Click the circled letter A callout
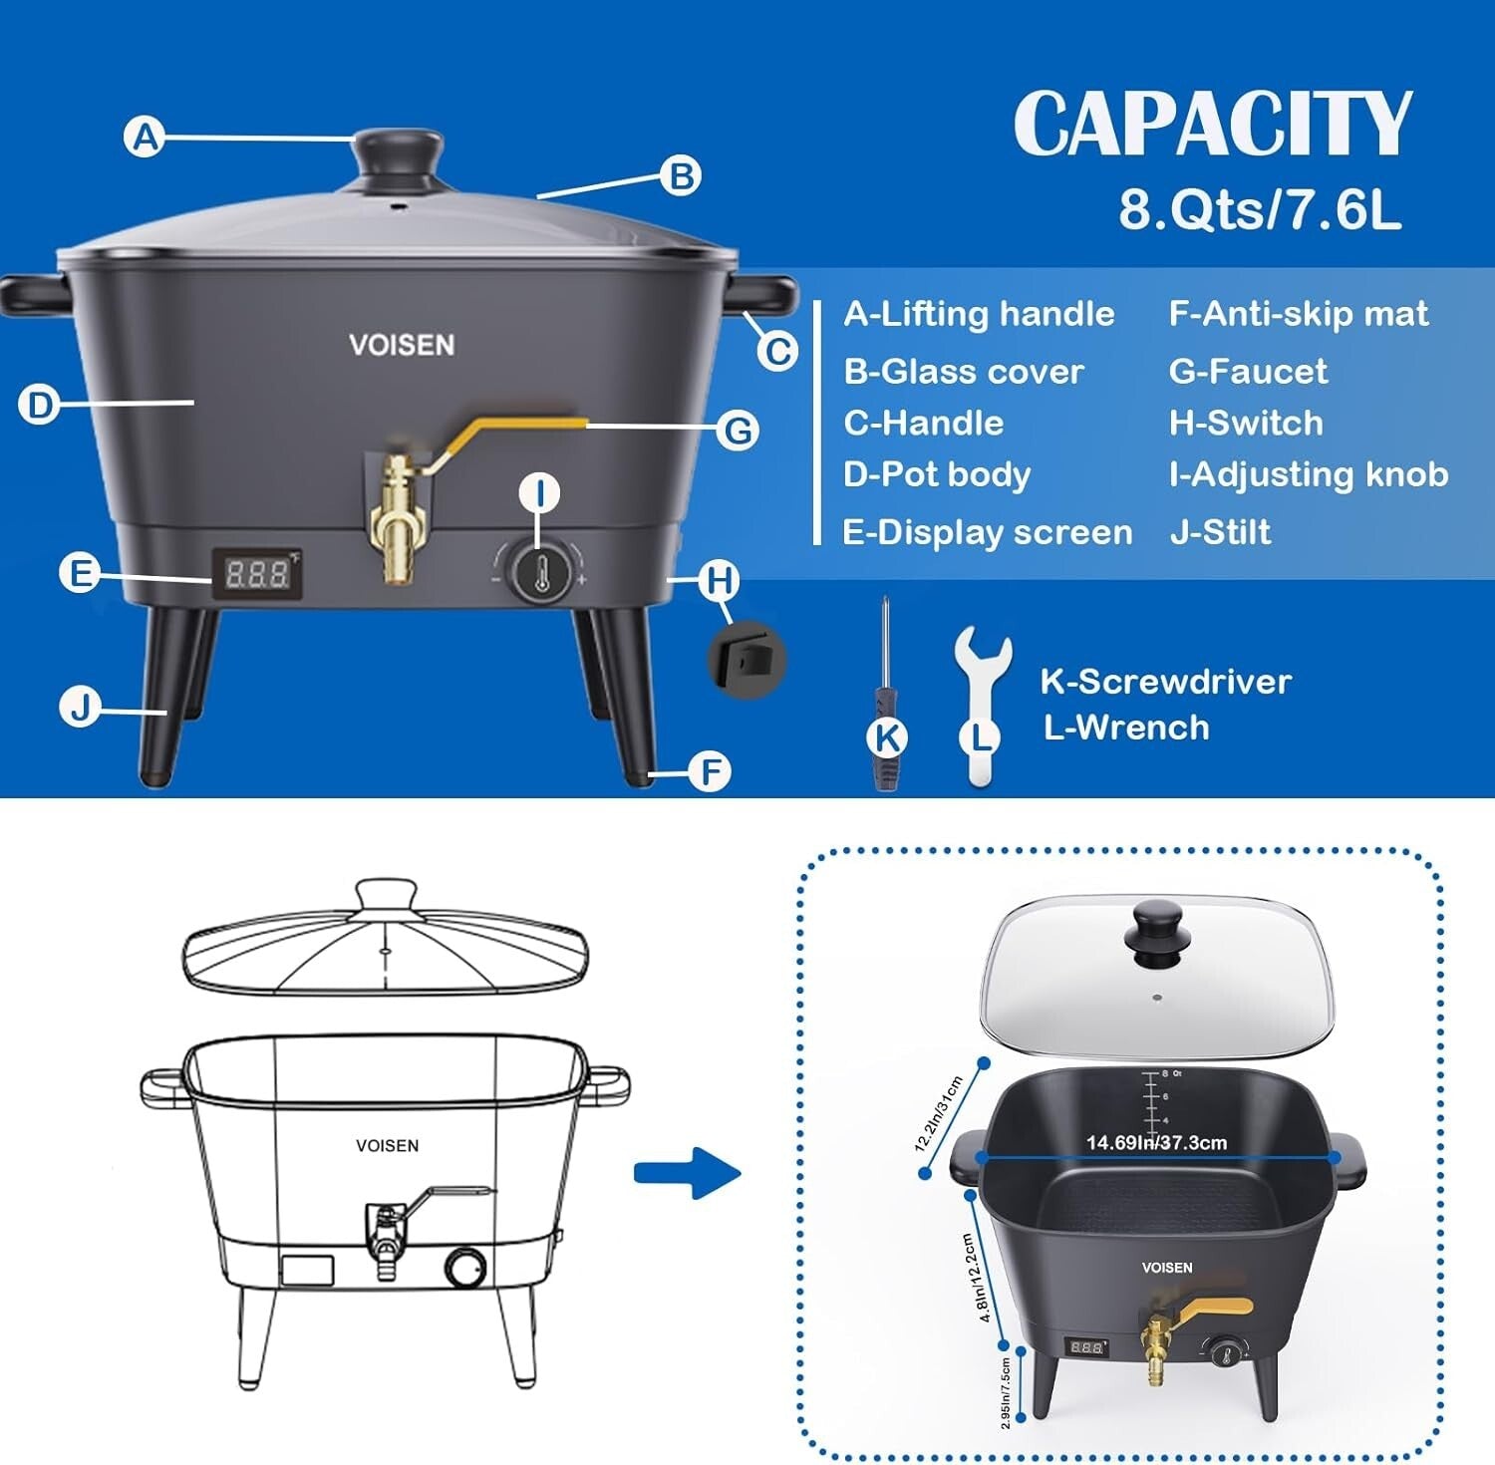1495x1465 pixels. [146, 137]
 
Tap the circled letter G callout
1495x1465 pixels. [739, 431]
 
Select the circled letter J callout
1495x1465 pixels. [80, 708]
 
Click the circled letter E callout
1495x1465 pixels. [79, 574]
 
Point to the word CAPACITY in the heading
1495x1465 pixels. [1213, 124]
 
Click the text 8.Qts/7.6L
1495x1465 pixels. [1259, 209]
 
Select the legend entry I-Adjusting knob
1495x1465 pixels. [1308, 474]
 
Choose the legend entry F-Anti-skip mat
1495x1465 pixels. [1298, 314]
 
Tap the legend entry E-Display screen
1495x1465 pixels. [987, 532]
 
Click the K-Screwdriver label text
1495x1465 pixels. [1165, 682]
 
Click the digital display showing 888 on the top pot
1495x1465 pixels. [257, 573]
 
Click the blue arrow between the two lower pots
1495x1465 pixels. [687, 1173]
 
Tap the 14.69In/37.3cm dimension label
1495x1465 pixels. [1156, 1142]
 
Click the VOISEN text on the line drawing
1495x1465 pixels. [387, 1146]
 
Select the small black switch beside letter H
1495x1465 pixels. [747, 659]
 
